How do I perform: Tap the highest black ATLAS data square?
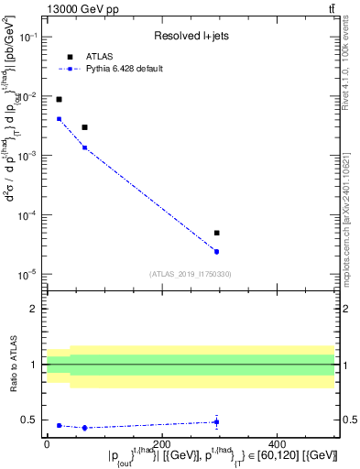coord(59,99)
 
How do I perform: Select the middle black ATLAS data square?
coord(84,127)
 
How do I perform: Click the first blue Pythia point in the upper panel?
coord(59,118)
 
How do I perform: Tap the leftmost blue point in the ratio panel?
coord(59,425)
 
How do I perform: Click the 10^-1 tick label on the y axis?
coord(30,38)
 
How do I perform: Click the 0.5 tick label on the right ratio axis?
coord(349,420)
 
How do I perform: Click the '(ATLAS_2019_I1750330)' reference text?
coord(191,273)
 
